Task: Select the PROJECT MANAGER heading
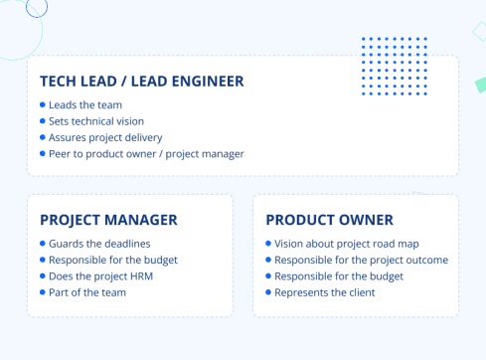[108, 220]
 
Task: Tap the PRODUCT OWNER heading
[329, 220]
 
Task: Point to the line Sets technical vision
[95, 120]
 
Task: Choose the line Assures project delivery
[104, 137]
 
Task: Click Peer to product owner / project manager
[145, 153]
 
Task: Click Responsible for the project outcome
[361, 260]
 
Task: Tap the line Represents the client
[324, 291]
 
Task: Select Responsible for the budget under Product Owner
[338, 275]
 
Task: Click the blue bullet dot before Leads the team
[42, 104]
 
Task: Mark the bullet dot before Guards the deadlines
[42, 244]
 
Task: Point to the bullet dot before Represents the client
[267, 291]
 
